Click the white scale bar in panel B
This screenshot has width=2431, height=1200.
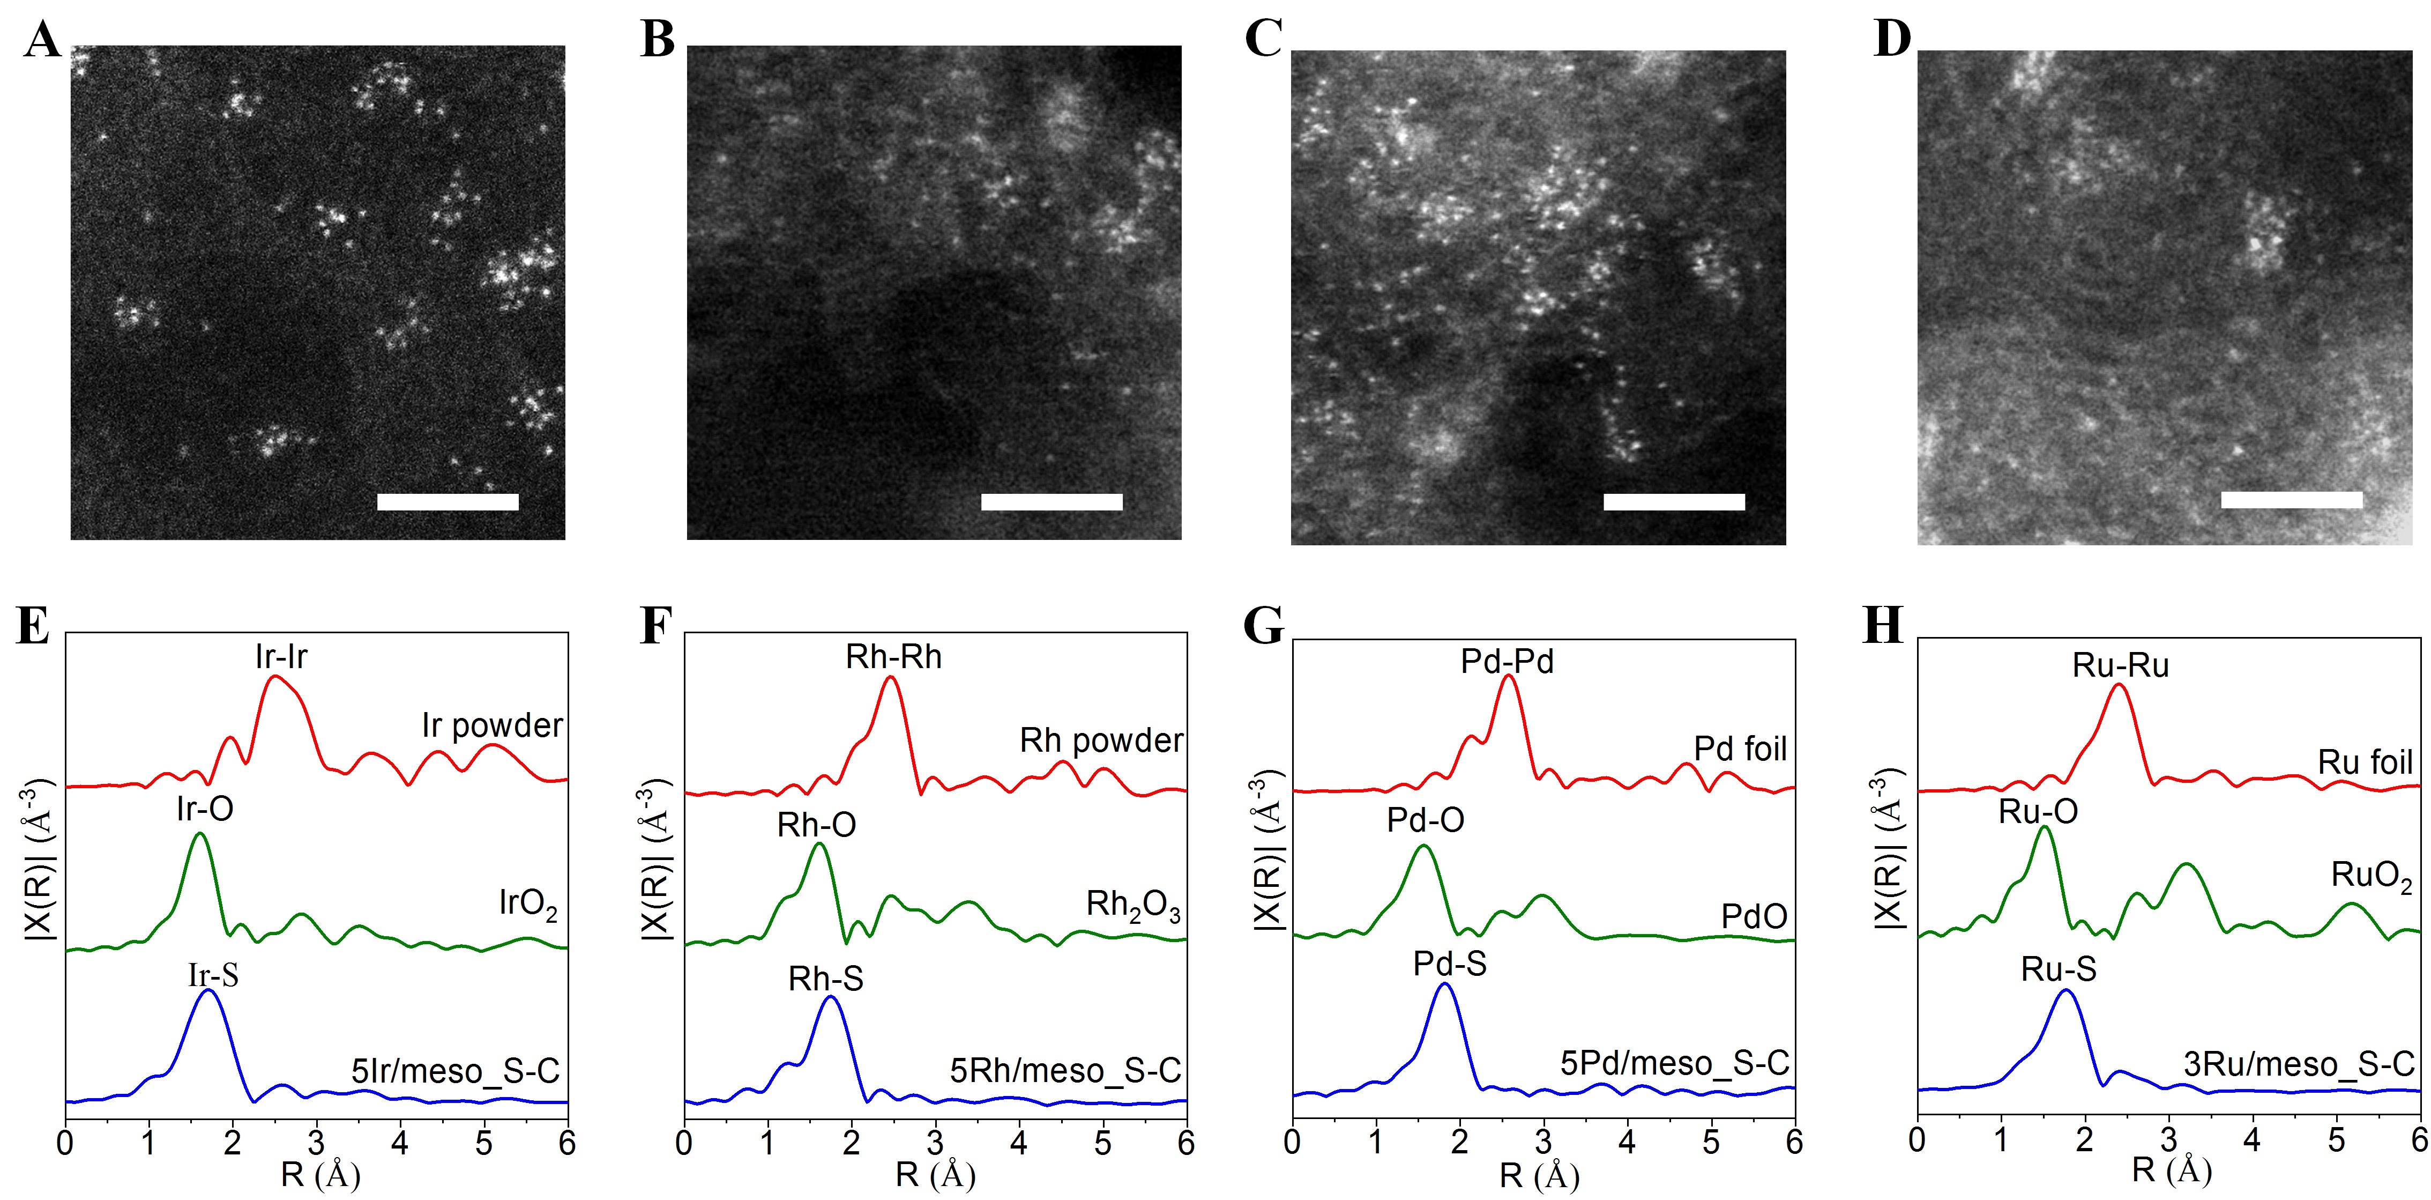pyautogui.click(x=1052, y=501)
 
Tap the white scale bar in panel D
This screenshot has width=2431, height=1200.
pyautogui.click(x=2291, y=499)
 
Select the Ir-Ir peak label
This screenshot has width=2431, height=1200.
pyautogui.click(x=281, y=656)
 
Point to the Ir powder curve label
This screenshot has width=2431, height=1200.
pyautogui.click(x=491, y=725)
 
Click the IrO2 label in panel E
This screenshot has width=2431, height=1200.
pyautogui.click(x=527, y=905)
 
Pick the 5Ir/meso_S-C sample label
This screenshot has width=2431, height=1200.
pyautogui.click(x=456, y=1071)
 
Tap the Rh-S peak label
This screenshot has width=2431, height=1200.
pyautogui.click(x=826, y=979)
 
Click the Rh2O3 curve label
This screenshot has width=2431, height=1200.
pyautogui.click(x=1132, y=906)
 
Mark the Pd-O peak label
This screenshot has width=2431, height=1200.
pyautogui.click(x=1425, y=819)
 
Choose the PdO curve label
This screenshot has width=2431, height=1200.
pyautogui.click(x=1754, y=916)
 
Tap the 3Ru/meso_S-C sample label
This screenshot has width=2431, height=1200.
pyautogui.click(x=2299, y=1064)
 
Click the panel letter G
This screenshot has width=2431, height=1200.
pyautogui.click(x=1263, y=625)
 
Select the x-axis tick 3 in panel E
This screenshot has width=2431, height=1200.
pyautogui.click(x=316, y=1143)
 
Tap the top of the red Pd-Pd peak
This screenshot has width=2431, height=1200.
pyautogui.click(x=1508, y=676)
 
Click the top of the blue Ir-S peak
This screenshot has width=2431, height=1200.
pyautogui.click(x=208, y=990)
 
